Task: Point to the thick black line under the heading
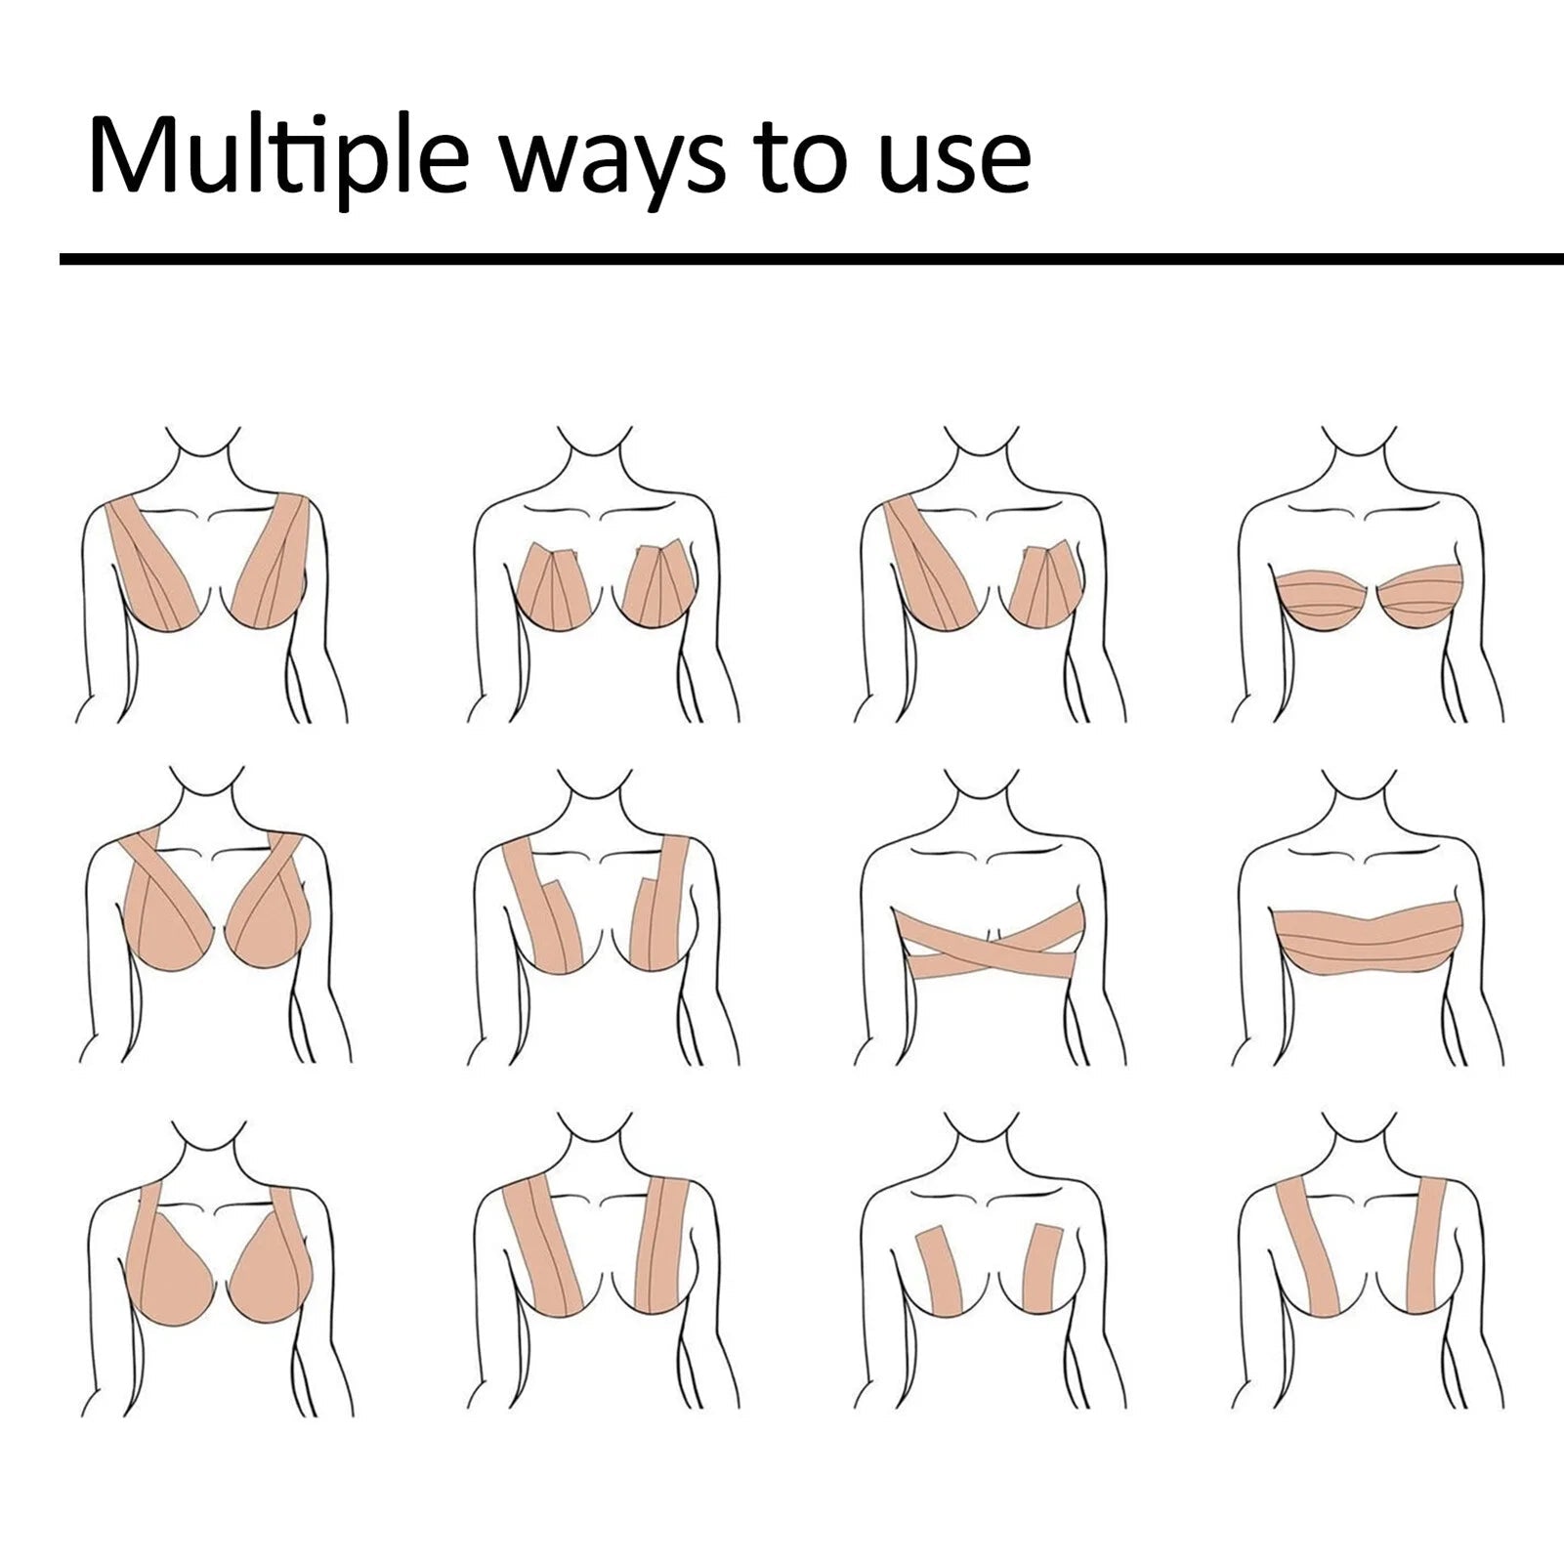811,259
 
